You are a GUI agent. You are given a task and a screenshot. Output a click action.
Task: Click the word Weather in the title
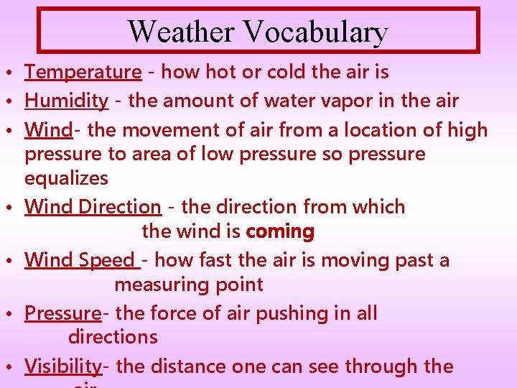(x=182, y=32)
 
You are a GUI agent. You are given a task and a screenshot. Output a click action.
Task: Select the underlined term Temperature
(x=83, y=72)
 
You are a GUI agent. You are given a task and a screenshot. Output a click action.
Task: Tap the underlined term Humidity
(x=66, y=101)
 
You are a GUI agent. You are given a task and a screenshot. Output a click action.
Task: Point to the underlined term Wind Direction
(x=93, y=207)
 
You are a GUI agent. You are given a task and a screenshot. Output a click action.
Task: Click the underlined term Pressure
(x=62, y=313)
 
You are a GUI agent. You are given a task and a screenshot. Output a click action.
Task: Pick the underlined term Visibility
(x=63, y=366)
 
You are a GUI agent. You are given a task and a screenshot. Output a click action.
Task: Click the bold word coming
(x=280, y=231)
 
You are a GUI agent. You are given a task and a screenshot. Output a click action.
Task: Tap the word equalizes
(x=66, y=178)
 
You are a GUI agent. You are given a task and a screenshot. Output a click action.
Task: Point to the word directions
(x=113, y=337)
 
